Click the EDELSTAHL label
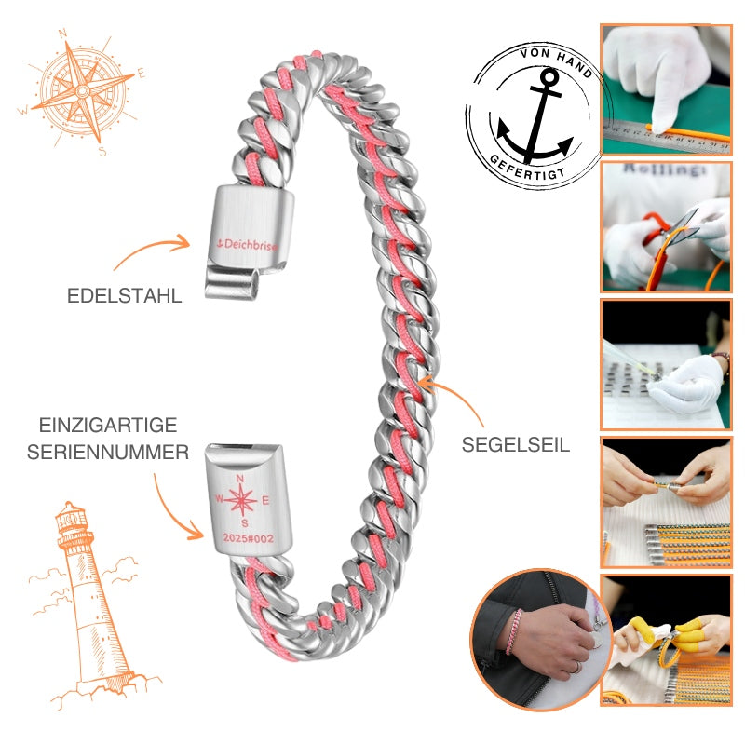pyautogui.click(x=125, y=295)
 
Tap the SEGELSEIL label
pyautogui.click(x=516, y=445)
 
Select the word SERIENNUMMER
pyautogui.click(x=108, y=452)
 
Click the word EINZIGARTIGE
pyautogui.click(x=108, y=425)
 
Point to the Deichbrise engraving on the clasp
pyautogui.click(x=247, y=245)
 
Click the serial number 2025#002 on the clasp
pyautogui.click(x=249, y=538)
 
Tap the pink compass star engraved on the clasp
pyautogui.click(x=241, y=500)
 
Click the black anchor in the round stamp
pyautogui.click(x=536, y=117)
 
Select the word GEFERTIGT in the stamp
pyautogui.click(x=526, y=169)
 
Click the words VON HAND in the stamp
pyautogui.click(x=557, y=61)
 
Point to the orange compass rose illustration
pyautogui.click(x=82, y=92)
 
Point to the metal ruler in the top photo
pyautogui.click(x=666, y=136)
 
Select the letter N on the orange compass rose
pyautogui.click(x=61, y=34)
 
